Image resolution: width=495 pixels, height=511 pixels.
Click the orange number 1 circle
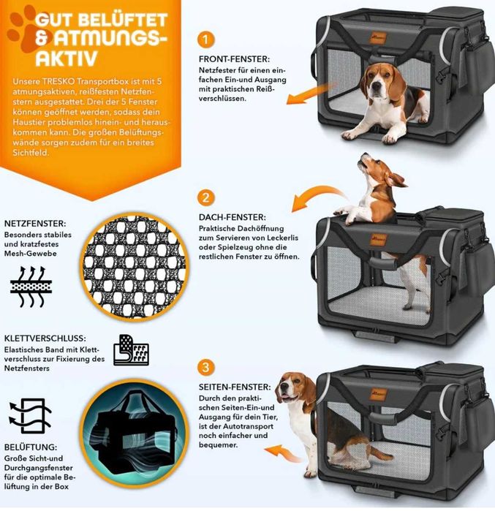(205, 39)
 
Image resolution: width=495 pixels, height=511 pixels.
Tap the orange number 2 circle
(205, 198)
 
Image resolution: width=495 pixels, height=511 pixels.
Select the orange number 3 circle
(205, 367)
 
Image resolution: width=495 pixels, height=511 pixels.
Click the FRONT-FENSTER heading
(234, 59)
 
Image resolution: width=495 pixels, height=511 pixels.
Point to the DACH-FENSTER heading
(233, 217)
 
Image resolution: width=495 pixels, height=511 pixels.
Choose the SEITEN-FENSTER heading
(235, 387)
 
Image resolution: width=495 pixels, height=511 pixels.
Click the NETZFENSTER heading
(35, 224)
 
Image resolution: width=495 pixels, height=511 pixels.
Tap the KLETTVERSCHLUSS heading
(45, 338)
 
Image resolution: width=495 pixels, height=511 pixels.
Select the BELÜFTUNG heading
(31, 447)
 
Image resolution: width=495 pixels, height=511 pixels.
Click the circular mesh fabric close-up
(135, 268)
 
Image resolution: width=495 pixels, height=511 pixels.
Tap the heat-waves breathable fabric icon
(31, 287)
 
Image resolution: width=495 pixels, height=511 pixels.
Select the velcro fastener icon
(131, 350)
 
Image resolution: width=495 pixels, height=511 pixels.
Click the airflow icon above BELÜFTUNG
(30, 415)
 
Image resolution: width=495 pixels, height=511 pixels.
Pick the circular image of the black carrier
(135, 434)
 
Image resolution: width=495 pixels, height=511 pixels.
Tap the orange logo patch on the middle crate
(379, 240)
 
